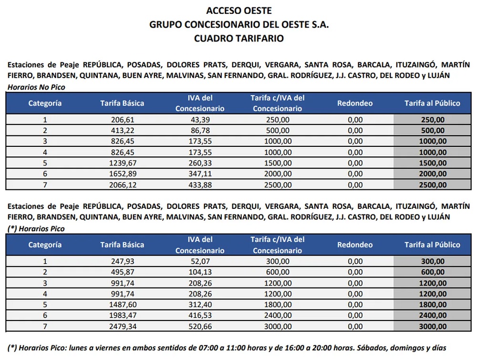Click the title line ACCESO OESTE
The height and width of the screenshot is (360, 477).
click(x=238, y=10)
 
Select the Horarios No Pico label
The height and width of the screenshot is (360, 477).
click(x=36, y=87)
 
